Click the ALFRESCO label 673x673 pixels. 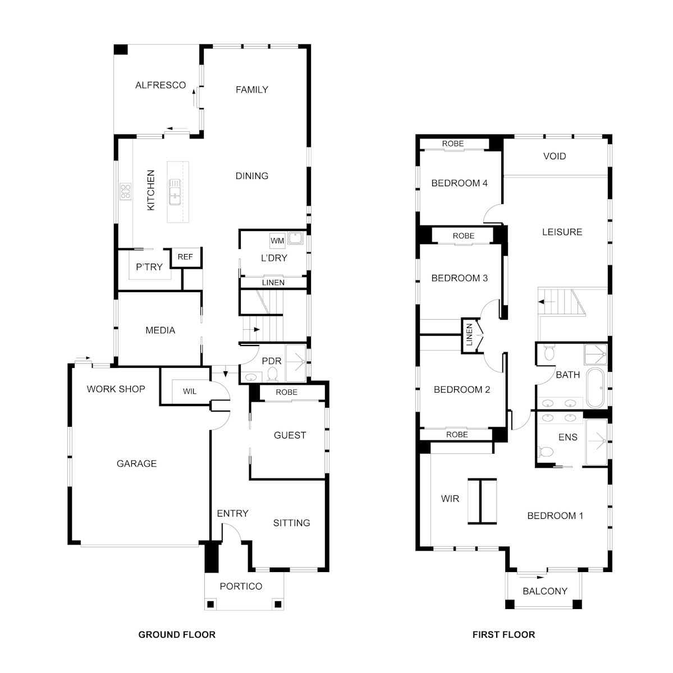coord(161,85)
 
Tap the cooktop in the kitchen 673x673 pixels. coord(126,192)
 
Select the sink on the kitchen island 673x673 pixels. coord(175,192)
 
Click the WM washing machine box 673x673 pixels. coord(277,241)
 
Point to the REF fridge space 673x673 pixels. coord(185,257)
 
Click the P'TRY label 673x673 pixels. coord(149,267)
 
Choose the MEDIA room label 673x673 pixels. coord(161,330)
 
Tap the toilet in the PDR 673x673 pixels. coord(272,374)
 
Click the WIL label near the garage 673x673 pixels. coord(190,391)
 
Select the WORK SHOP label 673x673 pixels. coord(116,389)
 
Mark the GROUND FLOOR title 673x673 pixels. coord(177,634)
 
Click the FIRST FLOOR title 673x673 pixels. coord(504,634)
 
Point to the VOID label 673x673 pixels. coord(555,156)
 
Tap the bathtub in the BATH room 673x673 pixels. coord(595,388)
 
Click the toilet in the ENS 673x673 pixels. coord(546,452)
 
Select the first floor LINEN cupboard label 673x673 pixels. coord(469,335)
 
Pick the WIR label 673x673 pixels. coord(450,499)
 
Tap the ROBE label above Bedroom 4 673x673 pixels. coord(453,144)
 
